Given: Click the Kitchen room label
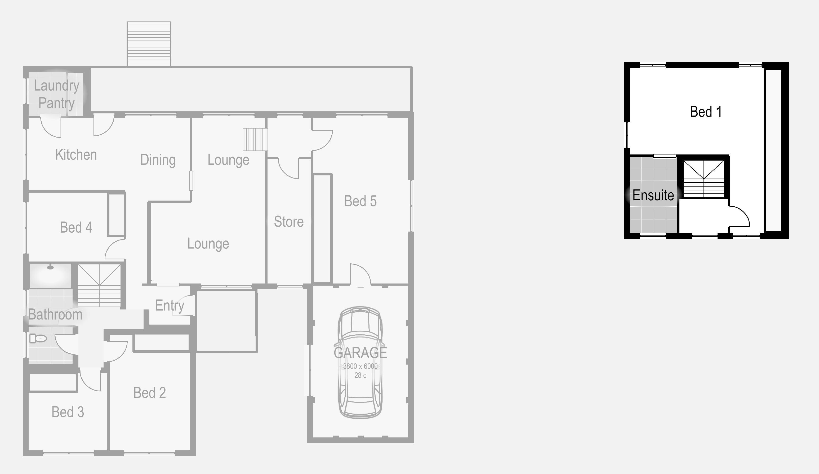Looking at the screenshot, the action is pos(76,155).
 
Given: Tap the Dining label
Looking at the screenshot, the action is pos(158,160).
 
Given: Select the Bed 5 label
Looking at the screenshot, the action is pos(360,201).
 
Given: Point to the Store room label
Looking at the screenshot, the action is pos(289,222).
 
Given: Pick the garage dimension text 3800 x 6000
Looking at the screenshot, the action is pos(360,366).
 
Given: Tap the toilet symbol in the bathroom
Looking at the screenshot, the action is pos(38,338).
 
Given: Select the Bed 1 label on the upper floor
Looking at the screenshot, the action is pos(706,112).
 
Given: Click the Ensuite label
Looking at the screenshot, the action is pos(653,195).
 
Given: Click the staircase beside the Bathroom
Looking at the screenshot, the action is pos(99,285).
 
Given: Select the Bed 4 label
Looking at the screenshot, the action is pos(76,228).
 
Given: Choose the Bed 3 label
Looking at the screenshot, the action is pos(68,412).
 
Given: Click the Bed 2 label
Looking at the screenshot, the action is pos(150,393).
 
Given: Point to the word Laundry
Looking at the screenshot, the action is pos(56,86).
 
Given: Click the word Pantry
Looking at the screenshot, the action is pos(56,103).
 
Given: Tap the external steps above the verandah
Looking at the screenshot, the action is pos(149,44).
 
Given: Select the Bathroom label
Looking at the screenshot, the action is pos(55,315).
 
